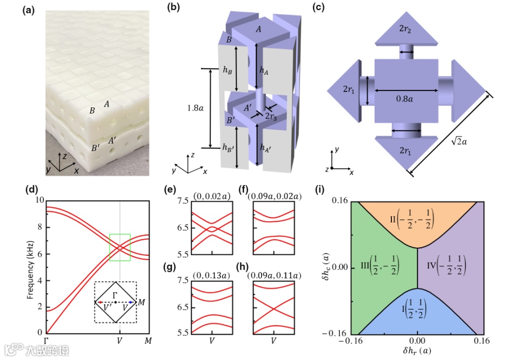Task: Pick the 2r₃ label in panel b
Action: [269, 117]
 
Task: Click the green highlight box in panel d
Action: [120, 247]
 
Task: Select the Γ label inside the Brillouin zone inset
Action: [115, 294]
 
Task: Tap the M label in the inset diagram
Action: [142, 301]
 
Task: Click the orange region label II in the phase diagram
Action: [416, 216]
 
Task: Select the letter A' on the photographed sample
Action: [112, 141]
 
